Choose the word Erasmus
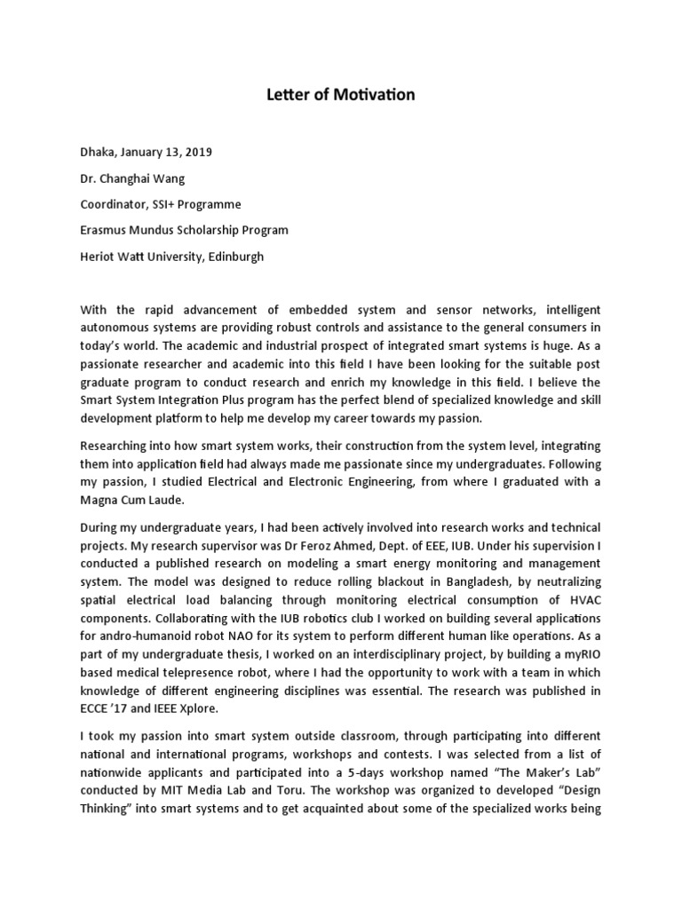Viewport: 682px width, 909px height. (105, 231)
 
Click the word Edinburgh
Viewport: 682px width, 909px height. (233, 257)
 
